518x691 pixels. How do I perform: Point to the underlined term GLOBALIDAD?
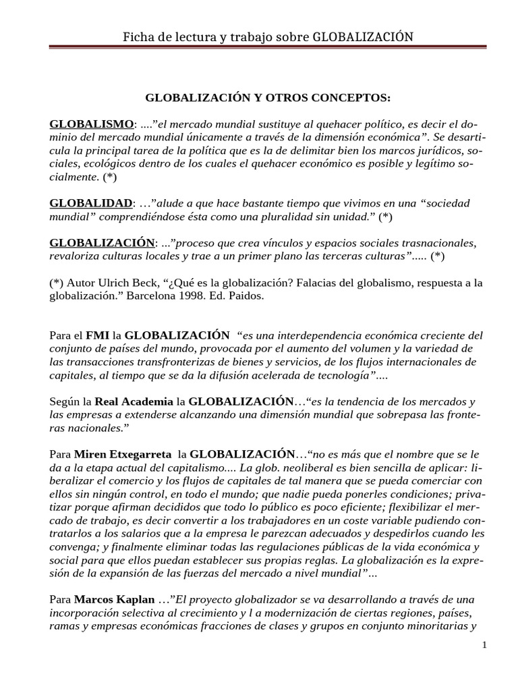[91, 203]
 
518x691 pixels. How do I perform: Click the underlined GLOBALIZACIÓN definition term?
[103, 242]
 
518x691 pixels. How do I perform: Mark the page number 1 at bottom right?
[484, 646]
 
